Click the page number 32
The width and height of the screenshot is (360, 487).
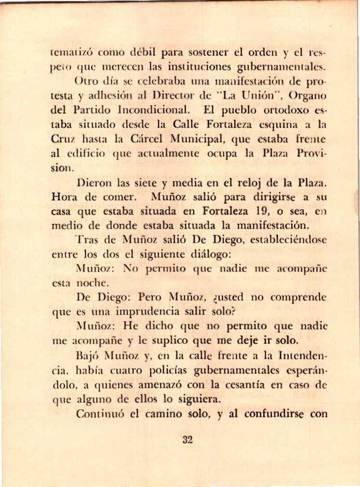tap(187, 439)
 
